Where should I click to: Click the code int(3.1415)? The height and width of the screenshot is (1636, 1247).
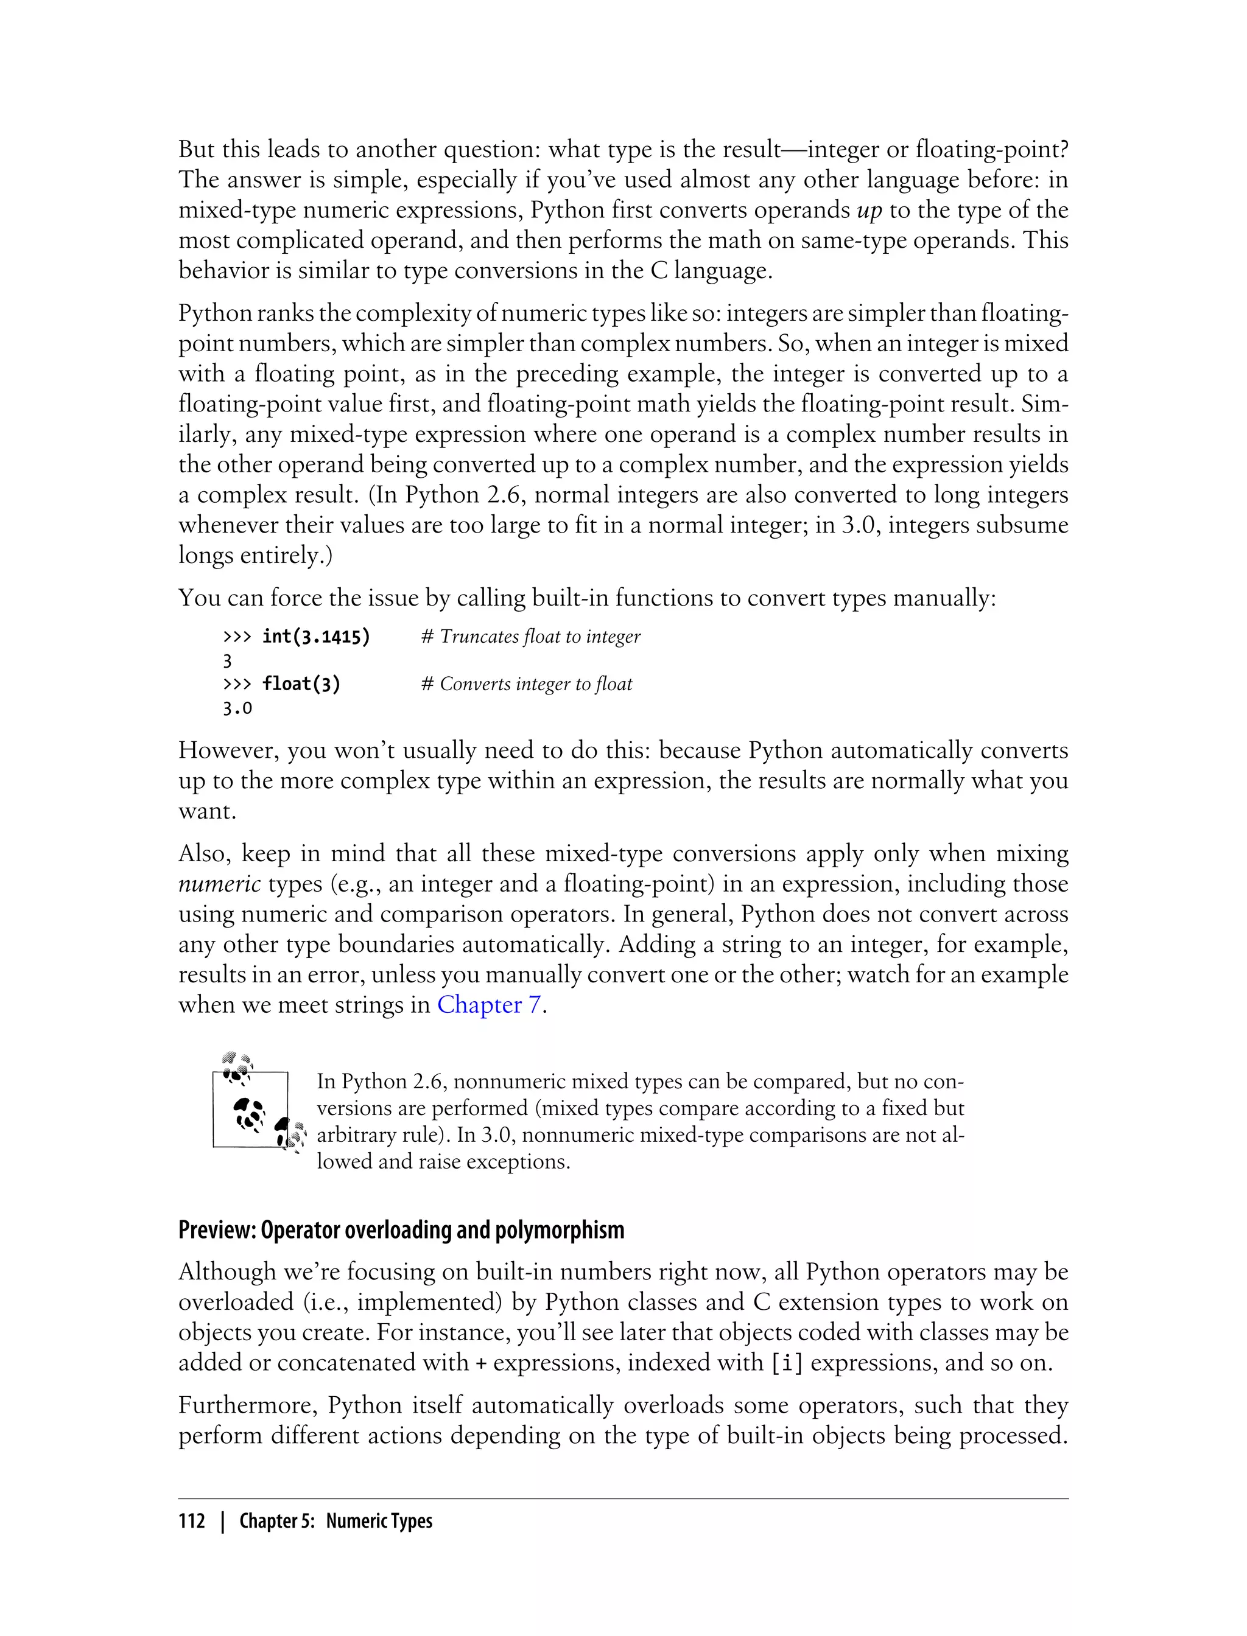[x=316, y=637]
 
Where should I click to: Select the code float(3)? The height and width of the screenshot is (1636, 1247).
[x=301, y=684]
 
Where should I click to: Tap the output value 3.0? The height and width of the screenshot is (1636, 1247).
[x=237, y=708]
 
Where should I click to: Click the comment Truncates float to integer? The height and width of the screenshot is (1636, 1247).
[x=531, y=637]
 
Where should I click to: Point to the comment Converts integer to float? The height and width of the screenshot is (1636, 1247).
[x=527, y=684]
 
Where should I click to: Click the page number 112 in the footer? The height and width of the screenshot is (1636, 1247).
[x=192, y=1521]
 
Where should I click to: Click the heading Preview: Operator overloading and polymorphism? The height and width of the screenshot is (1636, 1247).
[x=401, y=1230]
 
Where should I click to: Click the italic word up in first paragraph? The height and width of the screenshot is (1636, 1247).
[x=869, y=211]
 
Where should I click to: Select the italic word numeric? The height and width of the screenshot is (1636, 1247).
[x=219, y=884]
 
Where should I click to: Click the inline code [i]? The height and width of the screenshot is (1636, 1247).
[x=787, y=1363]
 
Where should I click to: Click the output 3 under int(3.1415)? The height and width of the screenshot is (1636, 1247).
[x=228, y=661]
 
